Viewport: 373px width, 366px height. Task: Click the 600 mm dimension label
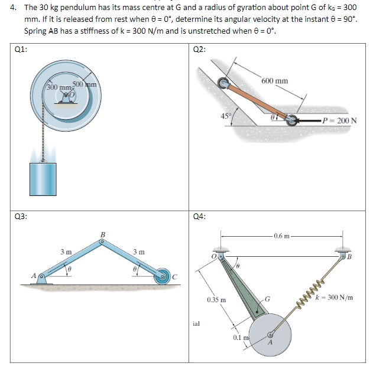[275, 81]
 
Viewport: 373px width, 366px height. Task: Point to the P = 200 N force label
[339, 122]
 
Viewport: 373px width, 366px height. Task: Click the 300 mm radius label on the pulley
[58, 87]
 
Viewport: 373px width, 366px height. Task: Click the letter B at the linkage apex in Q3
[103, 234]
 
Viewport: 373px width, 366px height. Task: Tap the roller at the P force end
[292, 122]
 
